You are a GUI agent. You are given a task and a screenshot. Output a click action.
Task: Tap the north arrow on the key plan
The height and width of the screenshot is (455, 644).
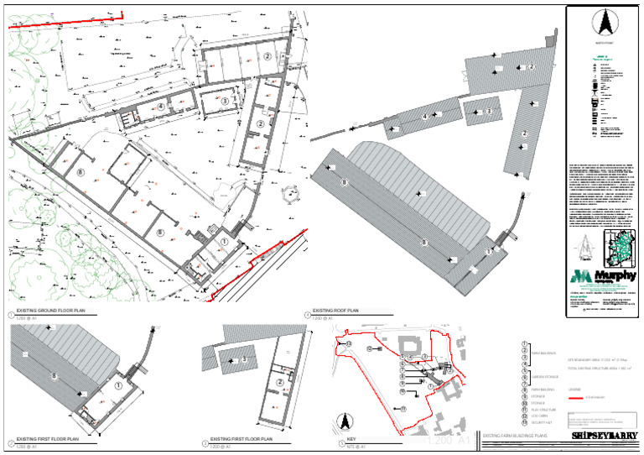(342, 420)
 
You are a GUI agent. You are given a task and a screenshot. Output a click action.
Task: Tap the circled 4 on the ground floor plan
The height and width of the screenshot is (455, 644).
(159, 107)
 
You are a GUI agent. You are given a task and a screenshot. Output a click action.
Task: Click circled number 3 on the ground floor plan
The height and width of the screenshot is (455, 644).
(225, 101)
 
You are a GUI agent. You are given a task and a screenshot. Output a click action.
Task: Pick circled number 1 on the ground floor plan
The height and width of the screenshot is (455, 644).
(224, 241)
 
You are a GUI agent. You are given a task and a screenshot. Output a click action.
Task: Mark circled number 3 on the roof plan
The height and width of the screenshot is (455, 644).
(489, 111)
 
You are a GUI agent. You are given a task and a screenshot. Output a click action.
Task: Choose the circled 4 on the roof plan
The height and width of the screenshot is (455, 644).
(426, 116)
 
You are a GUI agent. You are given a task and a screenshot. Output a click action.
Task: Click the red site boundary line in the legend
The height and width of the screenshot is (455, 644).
(576, 397)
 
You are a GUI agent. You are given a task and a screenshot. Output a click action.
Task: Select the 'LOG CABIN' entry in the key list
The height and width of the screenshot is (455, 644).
(542, 416)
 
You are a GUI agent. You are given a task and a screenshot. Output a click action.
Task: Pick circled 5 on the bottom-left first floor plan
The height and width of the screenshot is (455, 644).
(54, 377)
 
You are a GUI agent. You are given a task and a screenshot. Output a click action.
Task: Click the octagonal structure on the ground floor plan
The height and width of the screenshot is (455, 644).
(292, 194)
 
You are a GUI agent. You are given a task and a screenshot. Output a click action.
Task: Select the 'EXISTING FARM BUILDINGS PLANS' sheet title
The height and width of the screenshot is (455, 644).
(515, 437)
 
